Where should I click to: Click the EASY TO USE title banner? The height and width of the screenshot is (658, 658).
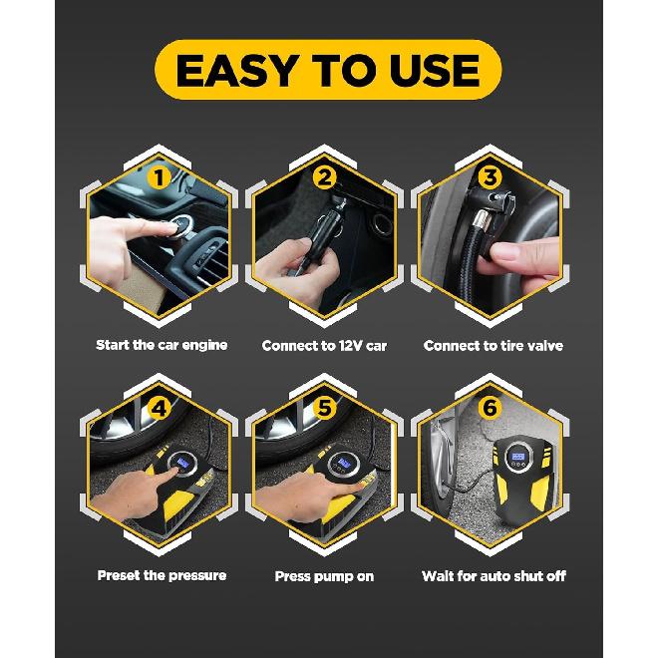point(328,70)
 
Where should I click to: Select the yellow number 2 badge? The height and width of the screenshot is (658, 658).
point(324,178)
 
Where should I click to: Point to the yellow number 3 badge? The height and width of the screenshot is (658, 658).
point(489,178)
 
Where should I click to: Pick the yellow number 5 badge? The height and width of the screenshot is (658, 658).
point(324,409)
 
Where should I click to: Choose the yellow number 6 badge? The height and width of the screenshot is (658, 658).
point(489,409)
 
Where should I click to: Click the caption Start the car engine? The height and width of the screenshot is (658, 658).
point(162,345)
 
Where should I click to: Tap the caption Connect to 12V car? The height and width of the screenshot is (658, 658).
point(324,346)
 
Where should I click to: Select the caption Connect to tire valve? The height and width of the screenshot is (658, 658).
point(493,346)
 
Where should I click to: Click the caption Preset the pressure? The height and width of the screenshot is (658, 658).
point(162,575)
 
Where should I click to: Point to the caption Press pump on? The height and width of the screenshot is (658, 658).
point(324,576)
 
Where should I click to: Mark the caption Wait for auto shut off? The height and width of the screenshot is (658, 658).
point(493,576)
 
